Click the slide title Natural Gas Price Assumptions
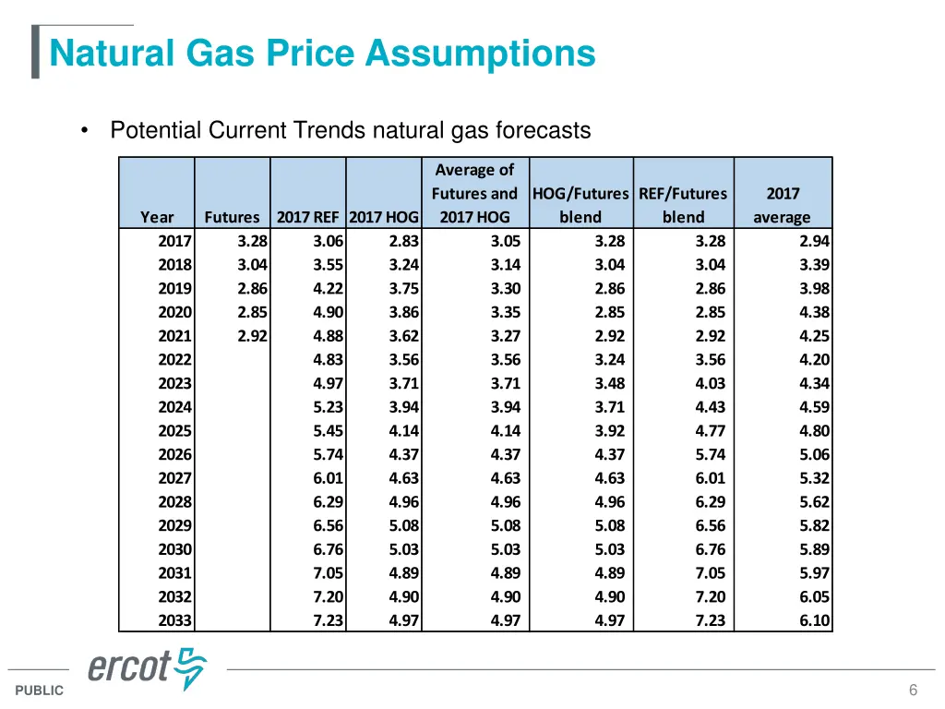pos(322,53)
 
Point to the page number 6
pos(913,691)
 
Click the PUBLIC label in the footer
pos(39,691)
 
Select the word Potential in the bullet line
pos(156,130)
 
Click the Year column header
pos(157,218)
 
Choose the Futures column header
pos(232,218)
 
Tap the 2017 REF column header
pos(307,218)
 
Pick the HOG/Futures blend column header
pos(580,206)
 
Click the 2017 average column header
pos(783,206)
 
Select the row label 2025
pos(174,430)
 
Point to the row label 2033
pos(174,620)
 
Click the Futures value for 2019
pos(252,288)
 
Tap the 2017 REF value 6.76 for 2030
pos(328,549)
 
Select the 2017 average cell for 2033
pos(814,620)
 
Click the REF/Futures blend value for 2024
pos(710,407)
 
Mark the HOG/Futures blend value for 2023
pos(609,383)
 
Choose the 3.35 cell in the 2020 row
pos(505,312)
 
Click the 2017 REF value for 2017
pos(328,241)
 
